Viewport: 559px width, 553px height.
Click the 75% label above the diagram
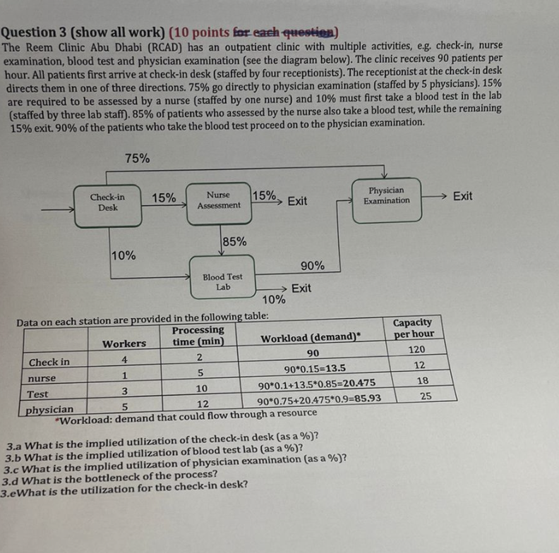click(x=137, y=159)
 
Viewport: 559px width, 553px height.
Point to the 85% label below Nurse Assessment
click(x=234, y=241)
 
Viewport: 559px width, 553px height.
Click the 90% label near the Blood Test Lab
click(x=312, y=265)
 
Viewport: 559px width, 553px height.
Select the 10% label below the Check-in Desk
click(x=124, y=255)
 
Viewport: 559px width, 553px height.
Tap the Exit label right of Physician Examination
click(x=462, y=195)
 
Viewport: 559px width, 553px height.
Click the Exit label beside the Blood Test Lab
click(x=301, y=288)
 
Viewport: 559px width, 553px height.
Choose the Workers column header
click(x=124, y=344)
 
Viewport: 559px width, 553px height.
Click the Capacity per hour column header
click(x=413, y=328)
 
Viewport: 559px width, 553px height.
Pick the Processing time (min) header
click(x=198, y=336)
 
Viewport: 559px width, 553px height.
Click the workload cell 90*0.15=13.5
click(x=314, y=367)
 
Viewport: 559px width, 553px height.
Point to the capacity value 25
click(x=425, y=396)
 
